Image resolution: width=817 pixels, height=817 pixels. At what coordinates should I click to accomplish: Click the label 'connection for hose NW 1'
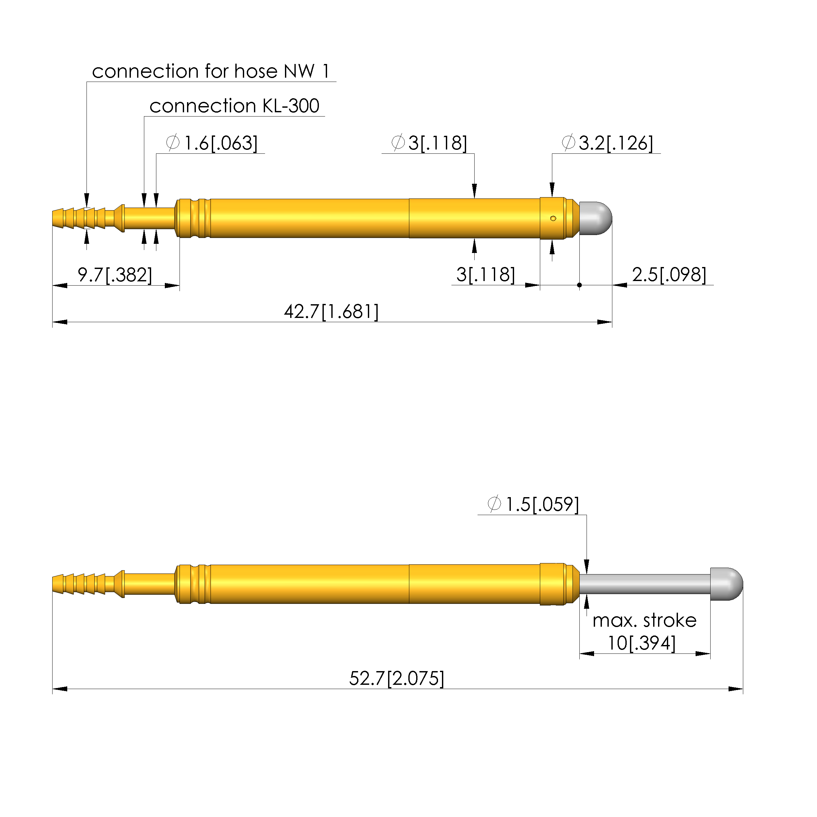(211, 71)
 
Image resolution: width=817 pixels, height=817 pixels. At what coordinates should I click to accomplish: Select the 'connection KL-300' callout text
(234, 106)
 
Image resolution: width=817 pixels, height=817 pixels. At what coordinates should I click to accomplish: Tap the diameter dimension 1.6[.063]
(212, 143)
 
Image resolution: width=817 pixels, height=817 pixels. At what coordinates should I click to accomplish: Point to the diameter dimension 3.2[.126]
(607, 143)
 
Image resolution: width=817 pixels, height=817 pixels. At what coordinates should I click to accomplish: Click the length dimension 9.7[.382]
(115, 275)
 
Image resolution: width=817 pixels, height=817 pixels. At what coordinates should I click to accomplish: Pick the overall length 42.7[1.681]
(331, 312)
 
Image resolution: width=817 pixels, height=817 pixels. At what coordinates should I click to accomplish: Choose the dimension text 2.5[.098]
(669, 275)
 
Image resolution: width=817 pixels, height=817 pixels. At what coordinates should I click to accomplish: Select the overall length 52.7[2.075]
(397, 679)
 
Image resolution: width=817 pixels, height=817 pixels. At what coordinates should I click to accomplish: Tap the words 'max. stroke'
(644, 621)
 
